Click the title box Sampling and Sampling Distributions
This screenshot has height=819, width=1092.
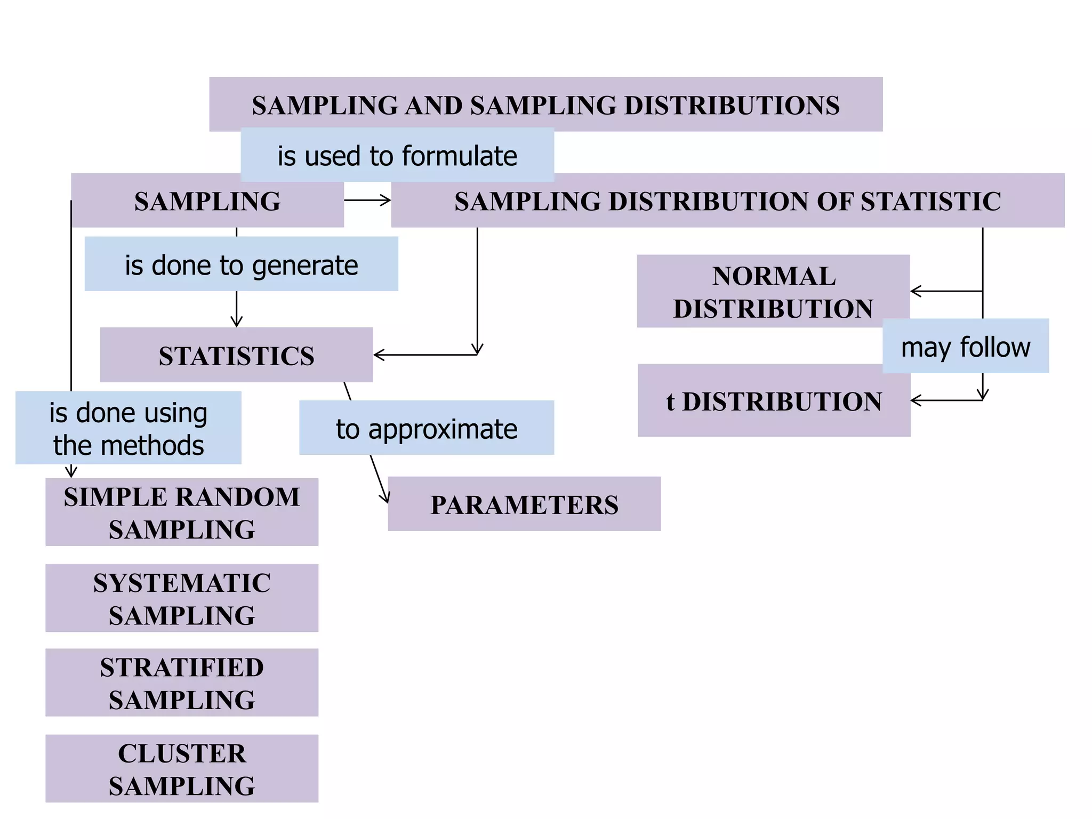545,105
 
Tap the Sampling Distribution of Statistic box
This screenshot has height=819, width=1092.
728,201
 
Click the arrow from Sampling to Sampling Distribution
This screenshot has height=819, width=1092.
367,200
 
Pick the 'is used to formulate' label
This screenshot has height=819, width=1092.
397,156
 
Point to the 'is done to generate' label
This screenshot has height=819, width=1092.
241,264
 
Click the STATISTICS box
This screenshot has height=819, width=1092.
236,355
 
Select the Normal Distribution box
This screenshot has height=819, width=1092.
773,291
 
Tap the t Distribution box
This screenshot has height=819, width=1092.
774,401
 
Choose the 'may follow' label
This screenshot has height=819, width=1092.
966,347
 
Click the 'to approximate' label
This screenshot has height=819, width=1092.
427,428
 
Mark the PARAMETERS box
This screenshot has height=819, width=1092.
524,504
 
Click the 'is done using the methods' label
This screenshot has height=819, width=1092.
128,428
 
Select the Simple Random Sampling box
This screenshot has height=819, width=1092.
182,512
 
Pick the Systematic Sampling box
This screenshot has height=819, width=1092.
182,598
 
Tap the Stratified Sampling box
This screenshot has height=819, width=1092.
182,682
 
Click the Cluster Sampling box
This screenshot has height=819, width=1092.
182,768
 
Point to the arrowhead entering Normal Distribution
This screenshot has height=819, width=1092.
915,291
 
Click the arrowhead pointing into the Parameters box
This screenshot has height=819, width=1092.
385,498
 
